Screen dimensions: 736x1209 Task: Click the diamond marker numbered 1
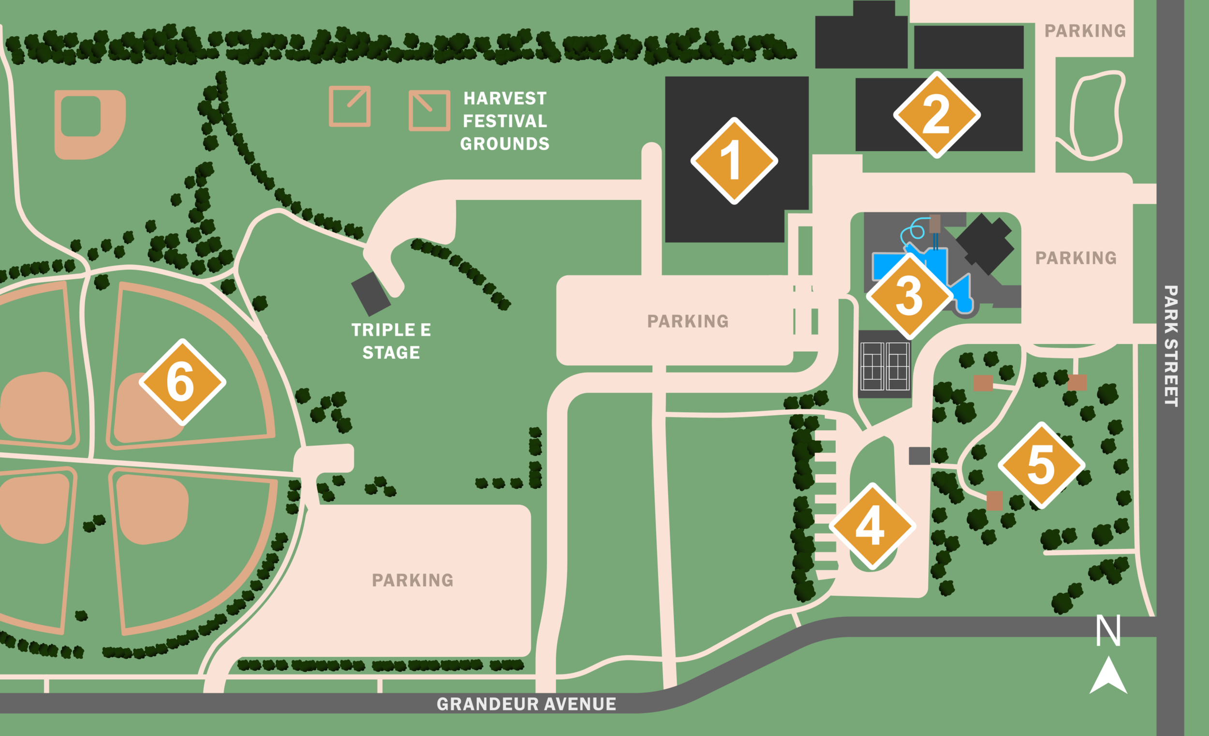pos(734,161)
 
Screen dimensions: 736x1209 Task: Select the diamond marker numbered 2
pos(937,115)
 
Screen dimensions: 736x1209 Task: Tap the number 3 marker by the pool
pos(909,296)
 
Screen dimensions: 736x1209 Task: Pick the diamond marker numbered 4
pos(872,526)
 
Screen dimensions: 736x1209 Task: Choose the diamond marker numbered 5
pos(1041,465)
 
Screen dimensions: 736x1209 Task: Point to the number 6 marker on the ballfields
pos(182,382)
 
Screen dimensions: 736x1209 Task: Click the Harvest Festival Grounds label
pos(505,121)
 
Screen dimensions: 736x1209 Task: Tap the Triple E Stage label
pos(391,341)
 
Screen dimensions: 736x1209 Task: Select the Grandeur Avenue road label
pos(526,704)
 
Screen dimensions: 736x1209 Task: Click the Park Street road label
pos(1171,346)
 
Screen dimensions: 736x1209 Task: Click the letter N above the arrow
pos(1108,631)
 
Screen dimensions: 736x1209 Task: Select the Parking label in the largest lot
pos(413,580)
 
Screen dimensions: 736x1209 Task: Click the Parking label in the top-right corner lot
pos(1085,31)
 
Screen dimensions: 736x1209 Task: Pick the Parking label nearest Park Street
pos(1076,258)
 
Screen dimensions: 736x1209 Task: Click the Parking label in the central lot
pos(688,321)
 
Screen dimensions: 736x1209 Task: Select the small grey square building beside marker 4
pos(919,456)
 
